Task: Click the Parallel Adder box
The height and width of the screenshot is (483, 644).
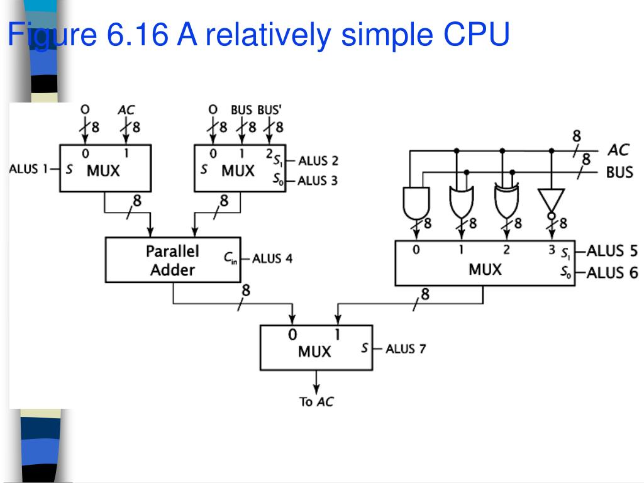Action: (173, 260)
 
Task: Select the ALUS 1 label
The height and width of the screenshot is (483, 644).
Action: (28, 169)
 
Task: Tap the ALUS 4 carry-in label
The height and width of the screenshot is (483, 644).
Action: (272, 258)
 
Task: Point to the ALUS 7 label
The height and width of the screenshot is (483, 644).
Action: (406, 348)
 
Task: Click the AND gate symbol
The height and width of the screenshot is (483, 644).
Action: (416, 203)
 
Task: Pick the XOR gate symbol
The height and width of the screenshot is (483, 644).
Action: (506, 201)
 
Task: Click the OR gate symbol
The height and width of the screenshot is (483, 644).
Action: (461, 202)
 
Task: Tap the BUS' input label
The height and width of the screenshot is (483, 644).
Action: (269, 110)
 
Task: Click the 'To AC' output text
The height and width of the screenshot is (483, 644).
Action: (316, 402)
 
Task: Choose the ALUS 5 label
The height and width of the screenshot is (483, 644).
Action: (612, 250)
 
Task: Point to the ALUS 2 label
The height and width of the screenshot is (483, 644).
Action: (318, 160)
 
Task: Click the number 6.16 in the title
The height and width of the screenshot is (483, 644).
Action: (137, 34)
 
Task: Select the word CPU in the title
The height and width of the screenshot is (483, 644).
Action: (476, 34)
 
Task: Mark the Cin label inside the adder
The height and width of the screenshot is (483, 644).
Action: (230, 258)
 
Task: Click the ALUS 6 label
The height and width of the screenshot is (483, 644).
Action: (612, 273)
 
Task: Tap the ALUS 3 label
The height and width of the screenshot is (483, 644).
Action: (318, 180)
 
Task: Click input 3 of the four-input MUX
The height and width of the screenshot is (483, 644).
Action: (552, 249)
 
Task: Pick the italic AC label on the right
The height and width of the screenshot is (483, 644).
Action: (619, 150)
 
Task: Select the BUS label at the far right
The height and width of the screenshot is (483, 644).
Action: (619, 172)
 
